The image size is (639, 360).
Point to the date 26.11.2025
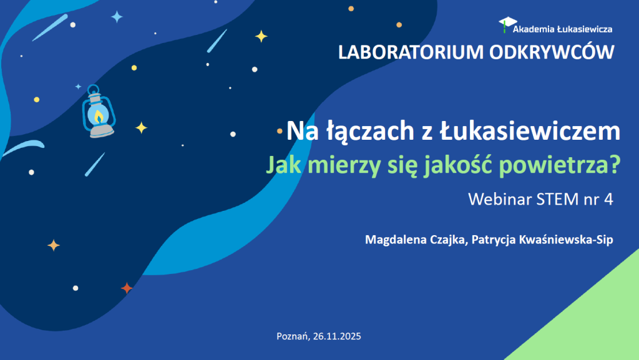337,336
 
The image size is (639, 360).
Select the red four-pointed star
127,288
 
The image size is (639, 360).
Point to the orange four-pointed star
54,245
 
